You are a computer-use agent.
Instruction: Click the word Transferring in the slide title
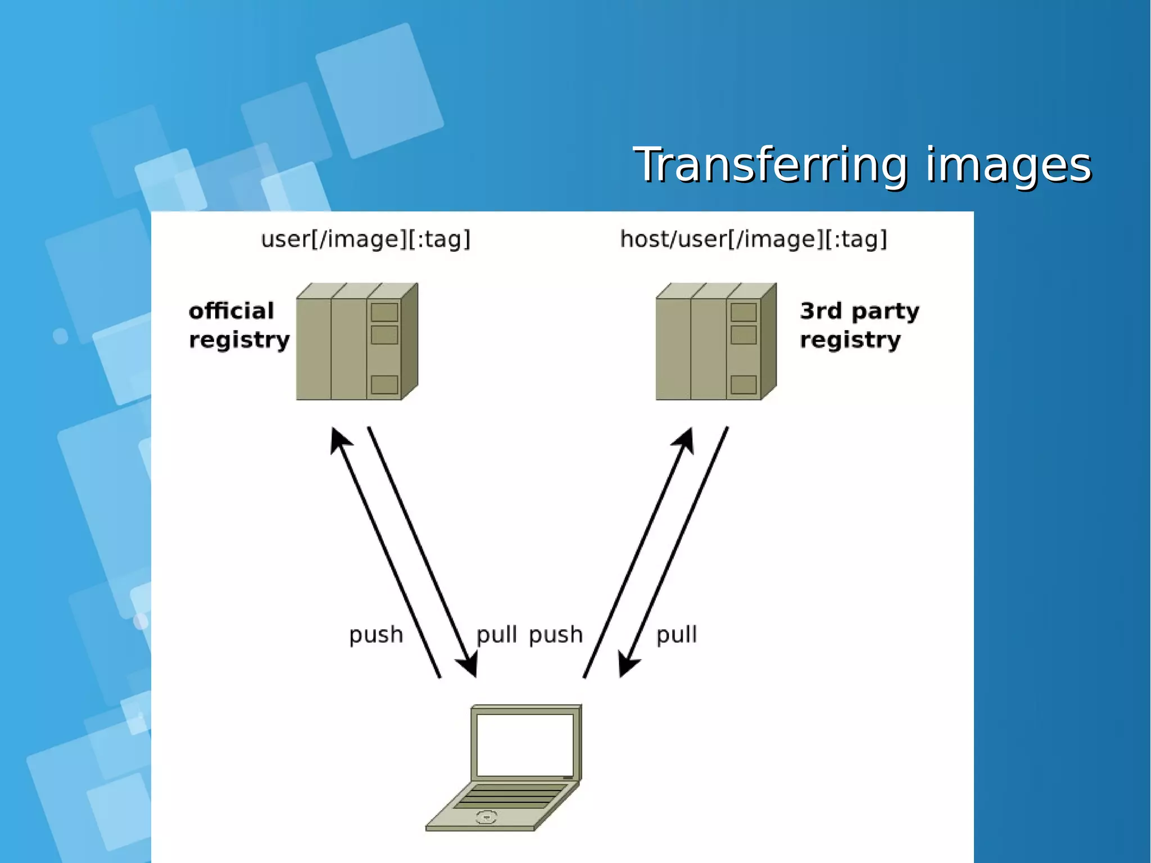(x=770, y=165)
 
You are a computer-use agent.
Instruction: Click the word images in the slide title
(x=1008, y=165)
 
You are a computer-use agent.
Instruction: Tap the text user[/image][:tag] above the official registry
(x=365, y=240)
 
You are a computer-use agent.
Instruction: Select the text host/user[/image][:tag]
(x=753, y=240)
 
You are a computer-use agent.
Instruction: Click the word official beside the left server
(x=232, y=311)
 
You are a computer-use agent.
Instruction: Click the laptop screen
(x=525, y=745)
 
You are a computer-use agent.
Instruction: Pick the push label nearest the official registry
(x=376, y=635)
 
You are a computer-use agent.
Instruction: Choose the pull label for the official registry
(x=496, y=635)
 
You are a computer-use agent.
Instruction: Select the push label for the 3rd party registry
(x=556, y=635)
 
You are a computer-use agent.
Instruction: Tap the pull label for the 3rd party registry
(x=677, y=635)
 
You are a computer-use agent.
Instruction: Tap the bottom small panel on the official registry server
(x=384, y=385)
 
